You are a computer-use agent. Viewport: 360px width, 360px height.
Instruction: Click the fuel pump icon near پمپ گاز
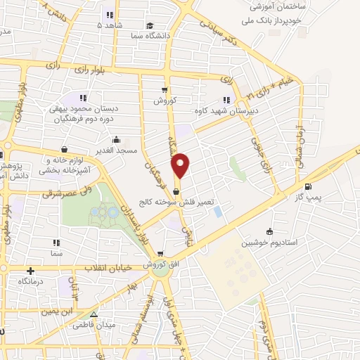click(x=308, y=187)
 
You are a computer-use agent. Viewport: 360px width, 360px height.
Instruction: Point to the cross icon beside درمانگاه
click(x=30, y=270)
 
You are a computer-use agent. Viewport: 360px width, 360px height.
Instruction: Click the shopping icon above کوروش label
click(x=165, y=89)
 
